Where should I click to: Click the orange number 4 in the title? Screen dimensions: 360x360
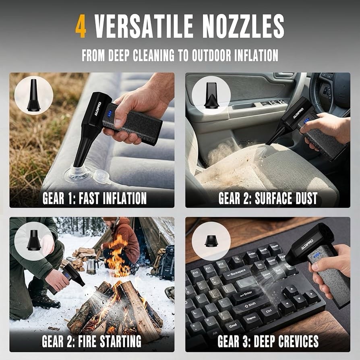(x=81, y=26)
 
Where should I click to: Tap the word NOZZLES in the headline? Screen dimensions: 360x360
(x=243, y=26)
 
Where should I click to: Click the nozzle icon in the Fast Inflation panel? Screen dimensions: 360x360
(x=33, y=95)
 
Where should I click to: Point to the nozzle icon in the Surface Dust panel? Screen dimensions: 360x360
(x=211, y=95)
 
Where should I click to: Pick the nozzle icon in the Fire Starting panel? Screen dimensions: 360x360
(x=34, y=240)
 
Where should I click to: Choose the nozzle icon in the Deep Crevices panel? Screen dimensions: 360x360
(x=211, y=241)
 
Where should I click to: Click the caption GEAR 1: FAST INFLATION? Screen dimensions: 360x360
(x=94, y=198)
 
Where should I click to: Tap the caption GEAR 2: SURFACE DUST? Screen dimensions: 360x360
(x=268, y=198)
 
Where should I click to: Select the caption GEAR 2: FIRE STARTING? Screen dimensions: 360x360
(x=91, y=341)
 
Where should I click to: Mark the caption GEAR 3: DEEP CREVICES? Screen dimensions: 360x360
(x=268, y=341)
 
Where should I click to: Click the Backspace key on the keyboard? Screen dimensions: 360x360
(x=236, y=274)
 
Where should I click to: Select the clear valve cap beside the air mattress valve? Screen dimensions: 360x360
(x=102, y=177)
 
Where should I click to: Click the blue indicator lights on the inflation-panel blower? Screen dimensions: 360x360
(x=110, y=114)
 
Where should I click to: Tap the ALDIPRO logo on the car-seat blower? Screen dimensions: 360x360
(x=298, y=113)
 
